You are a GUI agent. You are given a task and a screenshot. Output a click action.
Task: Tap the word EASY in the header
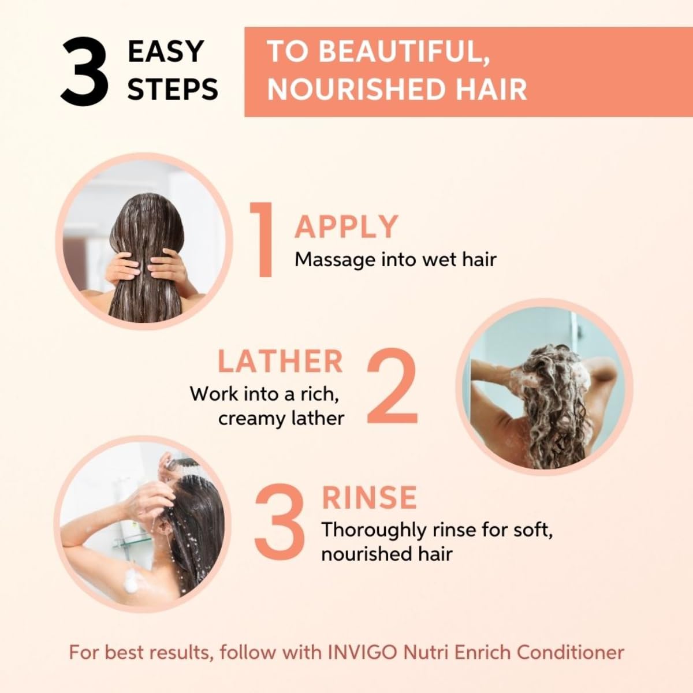click(x=165, y=51)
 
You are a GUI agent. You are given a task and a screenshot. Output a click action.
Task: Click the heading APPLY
click(x=346, y=226)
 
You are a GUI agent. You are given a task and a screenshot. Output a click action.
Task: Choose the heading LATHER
click(x=280, y=362)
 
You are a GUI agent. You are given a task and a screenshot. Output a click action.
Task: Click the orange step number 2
click(x=392, y=388)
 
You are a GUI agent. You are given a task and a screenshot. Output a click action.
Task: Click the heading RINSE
click(x=369, y=498)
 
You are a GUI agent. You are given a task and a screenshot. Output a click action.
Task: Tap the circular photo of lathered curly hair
click(x=544, y=385)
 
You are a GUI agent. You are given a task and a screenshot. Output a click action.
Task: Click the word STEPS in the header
click(x=173, y=90)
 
